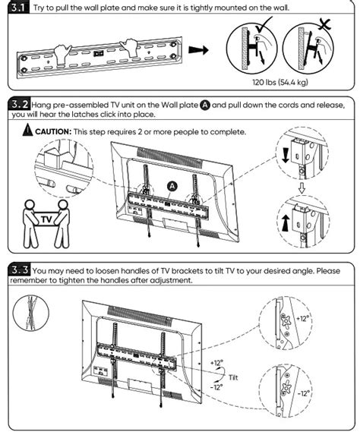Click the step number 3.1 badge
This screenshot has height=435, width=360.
[19, 9]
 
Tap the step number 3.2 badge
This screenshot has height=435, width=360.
[19, 104]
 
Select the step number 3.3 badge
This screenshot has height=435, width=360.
[19, 270]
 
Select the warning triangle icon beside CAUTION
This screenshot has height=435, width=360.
[27, 131]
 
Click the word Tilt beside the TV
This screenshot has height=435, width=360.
[235, 376]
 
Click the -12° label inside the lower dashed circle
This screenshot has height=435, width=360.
[302, 393]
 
